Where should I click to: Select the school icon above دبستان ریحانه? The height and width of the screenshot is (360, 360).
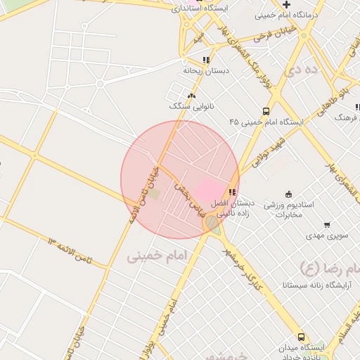coord(205,60)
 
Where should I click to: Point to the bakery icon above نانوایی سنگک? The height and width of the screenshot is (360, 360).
coord(191,96)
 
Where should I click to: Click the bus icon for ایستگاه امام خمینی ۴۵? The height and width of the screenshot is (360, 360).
coord(266,111)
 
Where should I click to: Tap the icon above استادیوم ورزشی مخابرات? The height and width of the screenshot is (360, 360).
coord(288,194)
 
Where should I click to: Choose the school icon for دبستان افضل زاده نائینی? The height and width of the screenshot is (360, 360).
coord(233,192)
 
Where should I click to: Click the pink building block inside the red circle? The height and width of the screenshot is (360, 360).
coord(207,190)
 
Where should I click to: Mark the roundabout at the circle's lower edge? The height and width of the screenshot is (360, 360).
coord(212,223)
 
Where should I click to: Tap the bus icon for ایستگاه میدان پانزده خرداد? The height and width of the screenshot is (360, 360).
coord(302,337)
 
